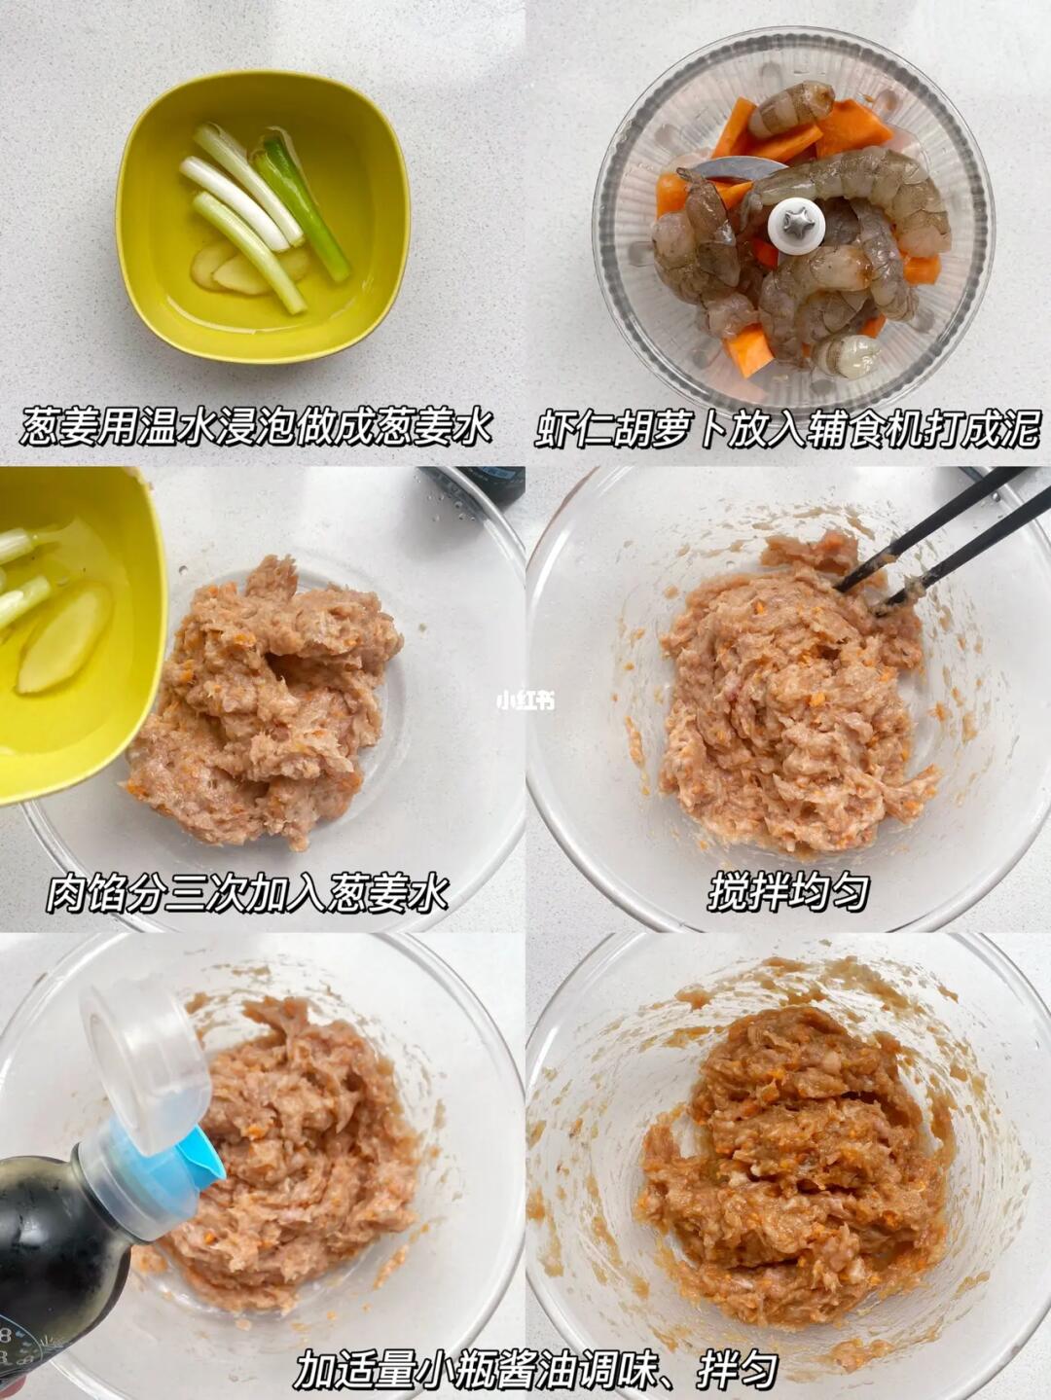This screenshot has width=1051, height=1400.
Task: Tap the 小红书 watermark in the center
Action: (525, 700)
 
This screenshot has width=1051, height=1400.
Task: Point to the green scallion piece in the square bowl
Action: (303, 207)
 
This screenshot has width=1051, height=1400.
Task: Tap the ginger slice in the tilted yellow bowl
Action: (64, 638)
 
